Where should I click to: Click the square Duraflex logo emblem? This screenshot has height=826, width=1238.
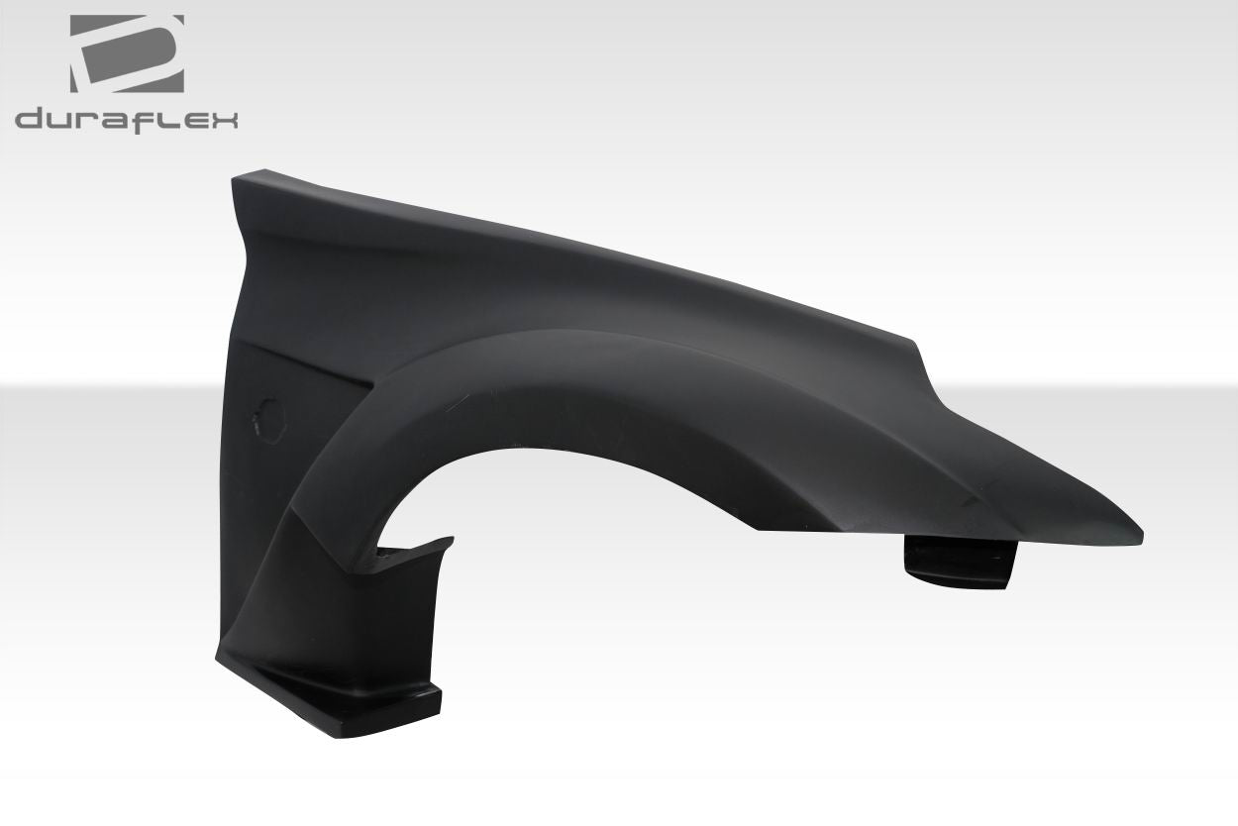(x=126, y=54)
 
